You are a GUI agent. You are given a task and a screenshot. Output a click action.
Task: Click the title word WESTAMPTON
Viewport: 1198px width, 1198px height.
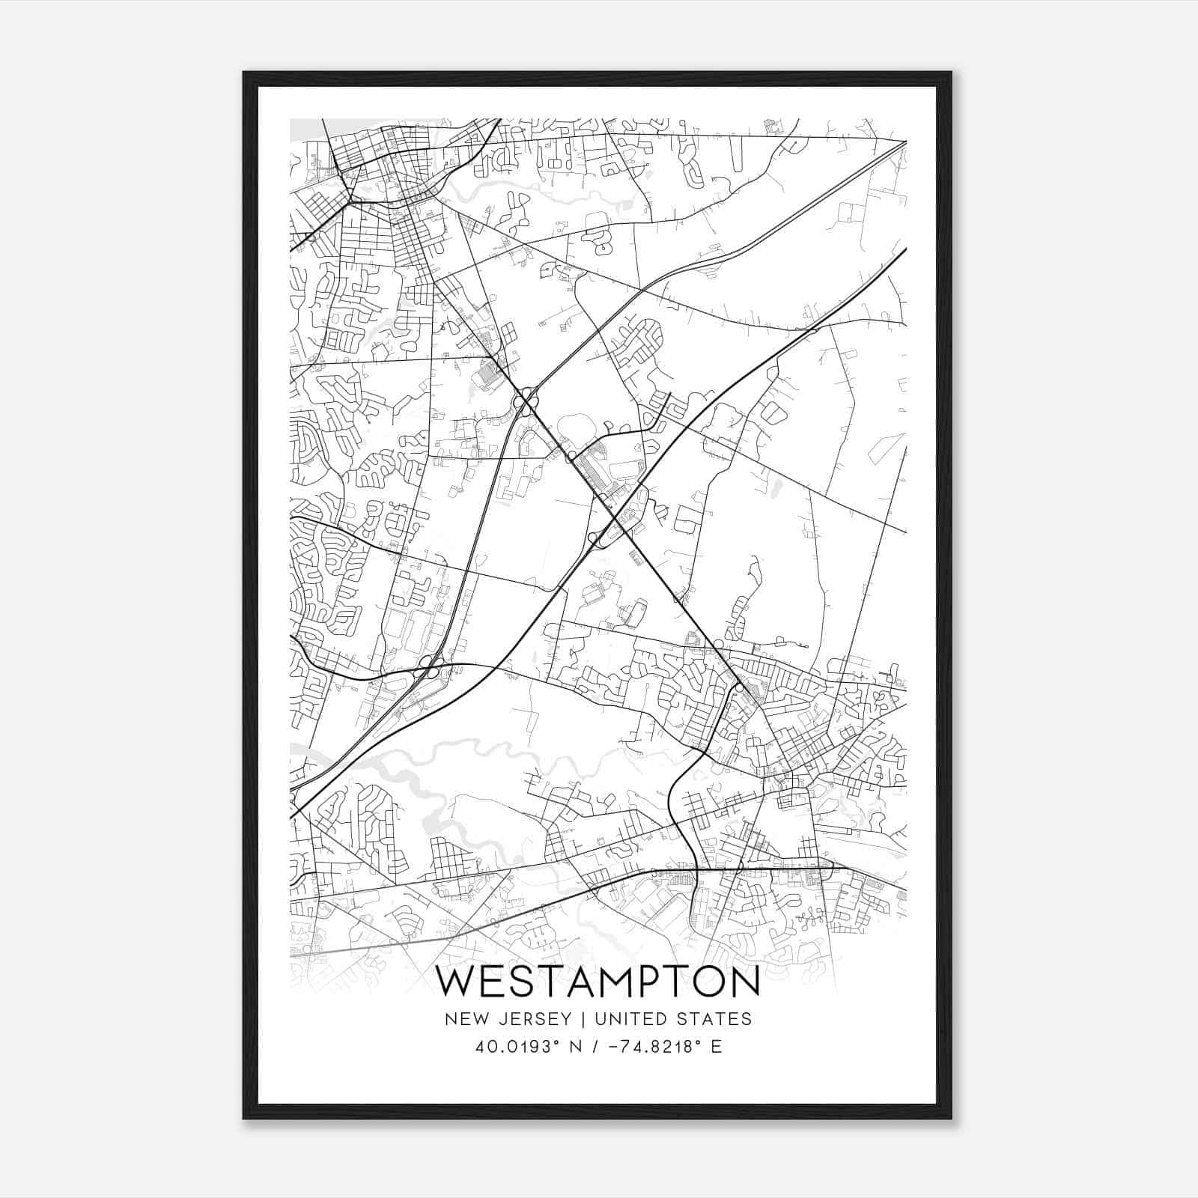[x=598, y=982]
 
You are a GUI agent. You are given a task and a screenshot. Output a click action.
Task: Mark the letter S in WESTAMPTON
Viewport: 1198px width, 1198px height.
[x=520, y=982]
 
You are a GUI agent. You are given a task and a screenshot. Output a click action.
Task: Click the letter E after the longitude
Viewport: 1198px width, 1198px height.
[x=717, y=1047]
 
